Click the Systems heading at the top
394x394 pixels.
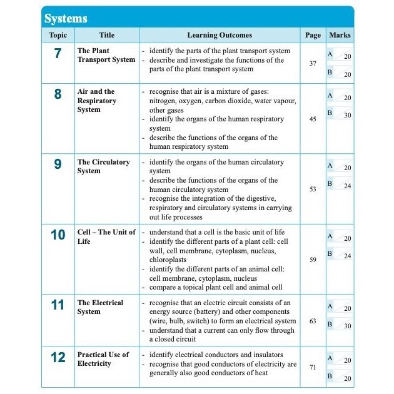pos(66,18)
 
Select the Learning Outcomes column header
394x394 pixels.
pos(220,36)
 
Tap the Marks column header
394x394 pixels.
pos(340,36)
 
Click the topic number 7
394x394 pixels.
pos(58,54)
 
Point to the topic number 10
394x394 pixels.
pos(58,235)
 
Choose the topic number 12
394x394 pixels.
pos(58,358)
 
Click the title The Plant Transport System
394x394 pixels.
pos(106,55)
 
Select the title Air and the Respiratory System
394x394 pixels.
pos(96,100)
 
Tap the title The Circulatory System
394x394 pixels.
pos(103,166)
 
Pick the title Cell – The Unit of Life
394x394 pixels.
pos(106,236)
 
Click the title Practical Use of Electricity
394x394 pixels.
pos(103,358)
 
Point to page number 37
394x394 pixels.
pos(313,64)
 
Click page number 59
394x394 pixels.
pos(313,259)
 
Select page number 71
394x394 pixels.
pos(313,367)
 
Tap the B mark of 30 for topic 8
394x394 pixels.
pos(347,116)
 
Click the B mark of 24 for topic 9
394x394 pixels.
pos(347,186)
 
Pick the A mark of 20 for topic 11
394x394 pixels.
pos(347,308)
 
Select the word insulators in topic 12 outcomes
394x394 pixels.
pos(265,355)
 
